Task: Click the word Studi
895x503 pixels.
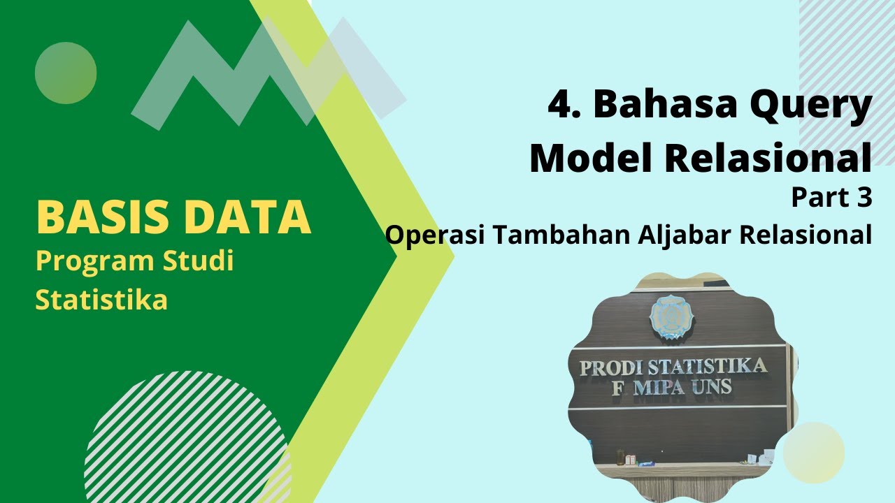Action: click(199, 261)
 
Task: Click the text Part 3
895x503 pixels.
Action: click(831, 198)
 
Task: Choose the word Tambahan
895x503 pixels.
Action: click(559, 235)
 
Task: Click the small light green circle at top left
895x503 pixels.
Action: click(66, 73)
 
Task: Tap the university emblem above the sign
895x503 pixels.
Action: click(671, 316)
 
